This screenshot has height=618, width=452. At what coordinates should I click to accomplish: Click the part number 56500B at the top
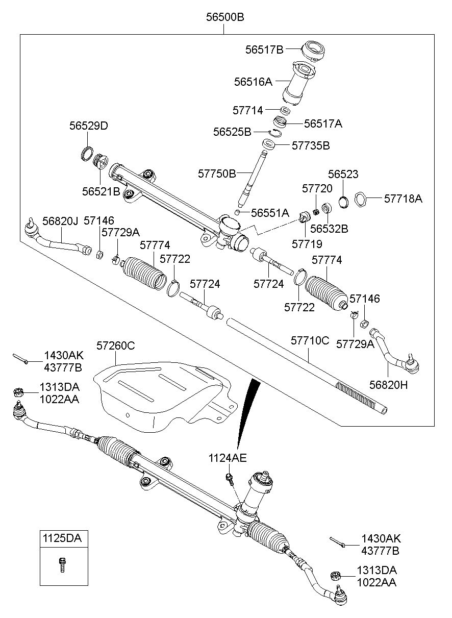coord(225,17)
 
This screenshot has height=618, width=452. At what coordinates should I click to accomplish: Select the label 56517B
coord(264,50)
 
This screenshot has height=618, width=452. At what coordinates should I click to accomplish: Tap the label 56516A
coord(253,82)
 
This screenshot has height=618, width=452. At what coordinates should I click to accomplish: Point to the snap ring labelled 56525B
coord(275,133)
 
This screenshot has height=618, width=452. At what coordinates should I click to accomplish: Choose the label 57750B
coord(217,174)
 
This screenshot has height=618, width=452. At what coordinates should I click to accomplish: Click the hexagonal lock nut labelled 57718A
coord(360,199)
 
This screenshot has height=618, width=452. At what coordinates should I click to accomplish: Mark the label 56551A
coord(270,213)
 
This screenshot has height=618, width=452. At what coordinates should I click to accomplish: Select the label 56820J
coord(60,220)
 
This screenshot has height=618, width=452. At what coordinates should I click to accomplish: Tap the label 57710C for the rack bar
coord(310,340)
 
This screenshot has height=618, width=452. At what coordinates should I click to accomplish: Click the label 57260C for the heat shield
coord(116,345)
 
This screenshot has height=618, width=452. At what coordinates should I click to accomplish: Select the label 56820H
coord(388,385)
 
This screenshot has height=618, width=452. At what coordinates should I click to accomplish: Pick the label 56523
coord(343,174)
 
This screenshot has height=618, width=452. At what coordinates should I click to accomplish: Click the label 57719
coord(307,244)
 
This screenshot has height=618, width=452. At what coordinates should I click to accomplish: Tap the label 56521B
coord(101,191)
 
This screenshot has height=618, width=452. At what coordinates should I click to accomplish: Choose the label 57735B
coord(311,145)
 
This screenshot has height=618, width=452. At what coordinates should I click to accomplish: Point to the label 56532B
coord(329,229)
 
